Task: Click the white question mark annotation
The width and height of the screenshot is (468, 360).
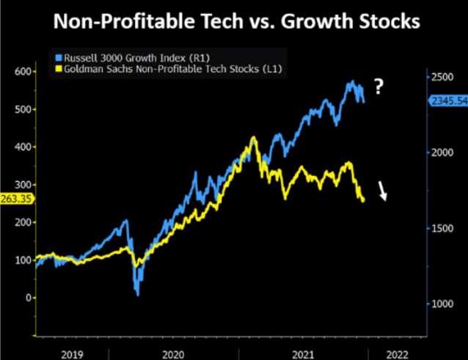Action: pos(379,87)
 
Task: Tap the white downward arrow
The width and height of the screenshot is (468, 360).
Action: pos(383,191)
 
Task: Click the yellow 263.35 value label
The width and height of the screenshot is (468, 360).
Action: pos(15,197)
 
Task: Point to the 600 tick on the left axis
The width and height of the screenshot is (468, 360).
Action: pos(23,72)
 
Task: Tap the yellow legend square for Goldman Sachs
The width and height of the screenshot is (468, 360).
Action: pos(59,68)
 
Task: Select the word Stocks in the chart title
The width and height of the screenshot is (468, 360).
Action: pos(388,22)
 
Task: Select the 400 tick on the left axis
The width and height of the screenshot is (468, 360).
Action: pos(23,147)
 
